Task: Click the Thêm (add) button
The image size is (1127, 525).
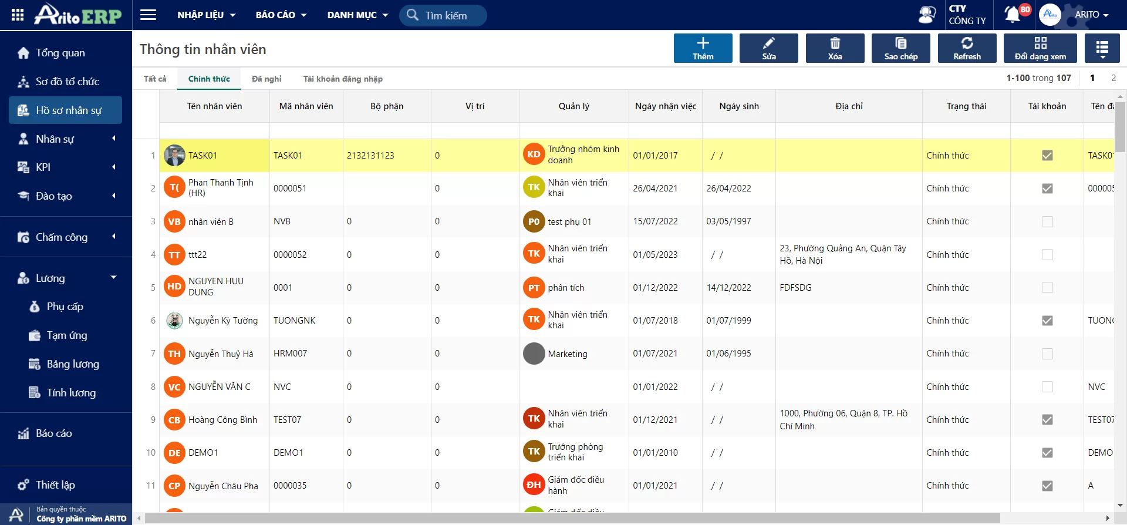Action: [703, 48]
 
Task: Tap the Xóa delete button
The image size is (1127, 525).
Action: [835, 48]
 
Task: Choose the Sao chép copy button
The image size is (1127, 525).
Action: [900, 48]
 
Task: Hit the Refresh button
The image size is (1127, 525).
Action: [967, 48]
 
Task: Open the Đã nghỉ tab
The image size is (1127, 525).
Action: [266, 79]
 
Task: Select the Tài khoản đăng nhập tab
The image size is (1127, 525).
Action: [343, 79]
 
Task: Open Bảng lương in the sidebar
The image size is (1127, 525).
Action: [73, 364]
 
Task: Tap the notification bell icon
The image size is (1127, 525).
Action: [1012, 15]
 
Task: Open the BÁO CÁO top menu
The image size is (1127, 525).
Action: [281, 15]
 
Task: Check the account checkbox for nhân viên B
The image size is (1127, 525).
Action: [1047, 221]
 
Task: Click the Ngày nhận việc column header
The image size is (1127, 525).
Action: [666, 106]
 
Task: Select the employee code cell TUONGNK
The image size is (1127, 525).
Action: [295, 321]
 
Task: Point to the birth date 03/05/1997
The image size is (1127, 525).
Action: [728, 221]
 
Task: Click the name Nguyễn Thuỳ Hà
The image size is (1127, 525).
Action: [221, 354]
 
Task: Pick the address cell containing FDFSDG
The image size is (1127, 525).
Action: [795, 288]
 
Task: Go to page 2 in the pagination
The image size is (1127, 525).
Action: [1113, 78]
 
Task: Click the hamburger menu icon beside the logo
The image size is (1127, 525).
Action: [148, 15]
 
